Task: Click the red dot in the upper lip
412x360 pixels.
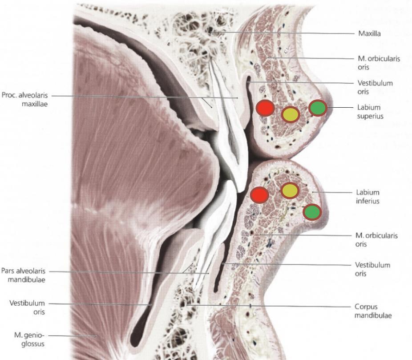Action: (265, 108)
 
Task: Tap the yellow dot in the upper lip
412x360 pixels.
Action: (291, 114)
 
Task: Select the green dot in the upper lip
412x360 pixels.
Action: (318, 108)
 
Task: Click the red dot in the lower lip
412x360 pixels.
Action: (259, 195)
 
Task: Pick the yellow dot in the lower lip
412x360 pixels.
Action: (290, 190)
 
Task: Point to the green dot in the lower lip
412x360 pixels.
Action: (312, 212)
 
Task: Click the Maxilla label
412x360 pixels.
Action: (369, 34)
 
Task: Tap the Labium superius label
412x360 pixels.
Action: (370, 112)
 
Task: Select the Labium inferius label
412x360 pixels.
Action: (368, 197)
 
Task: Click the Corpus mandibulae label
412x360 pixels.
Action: (373, 311)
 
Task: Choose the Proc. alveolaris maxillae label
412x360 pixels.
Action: (25, 99)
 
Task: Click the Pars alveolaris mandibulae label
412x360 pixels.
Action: (24, 275)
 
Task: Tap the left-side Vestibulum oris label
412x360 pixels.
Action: (27, 307)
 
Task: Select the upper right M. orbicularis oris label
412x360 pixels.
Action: (379, 63)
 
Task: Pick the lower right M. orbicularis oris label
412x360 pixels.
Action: (376, 240)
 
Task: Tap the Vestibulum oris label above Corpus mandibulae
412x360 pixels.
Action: (372, 269)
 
